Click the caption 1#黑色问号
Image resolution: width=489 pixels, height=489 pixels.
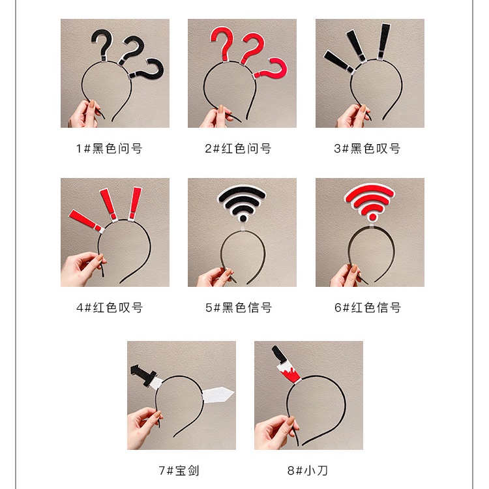coord(109,149)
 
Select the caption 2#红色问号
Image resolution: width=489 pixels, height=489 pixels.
coord(238,149)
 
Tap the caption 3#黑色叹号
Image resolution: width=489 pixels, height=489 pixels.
coord(367,149)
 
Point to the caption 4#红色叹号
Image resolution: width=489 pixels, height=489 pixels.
coord(110,308)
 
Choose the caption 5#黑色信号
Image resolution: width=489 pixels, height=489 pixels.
coord(239,308)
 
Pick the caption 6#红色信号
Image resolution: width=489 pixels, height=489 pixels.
coord(368,308)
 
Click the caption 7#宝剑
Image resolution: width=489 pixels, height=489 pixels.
coord(179,470)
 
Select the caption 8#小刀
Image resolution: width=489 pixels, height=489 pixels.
coord(308,470)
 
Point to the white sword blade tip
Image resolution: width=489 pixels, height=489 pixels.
coord(234,393)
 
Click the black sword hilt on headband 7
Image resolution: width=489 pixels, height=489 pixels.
coord(143,375)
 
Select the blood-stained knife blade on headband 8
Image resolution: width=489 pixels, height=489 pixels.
coord(289,373)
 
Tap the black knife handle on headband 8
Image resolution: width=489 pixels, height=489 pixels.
coord(279,355)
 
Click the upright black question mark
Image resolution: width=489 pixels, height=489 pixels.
coord(102,44)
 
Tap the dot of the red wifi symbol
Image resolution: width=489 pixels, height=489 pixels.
coord(372,216)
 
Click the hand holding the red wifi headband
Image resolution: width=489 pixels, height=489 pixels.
coord(345,276)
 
